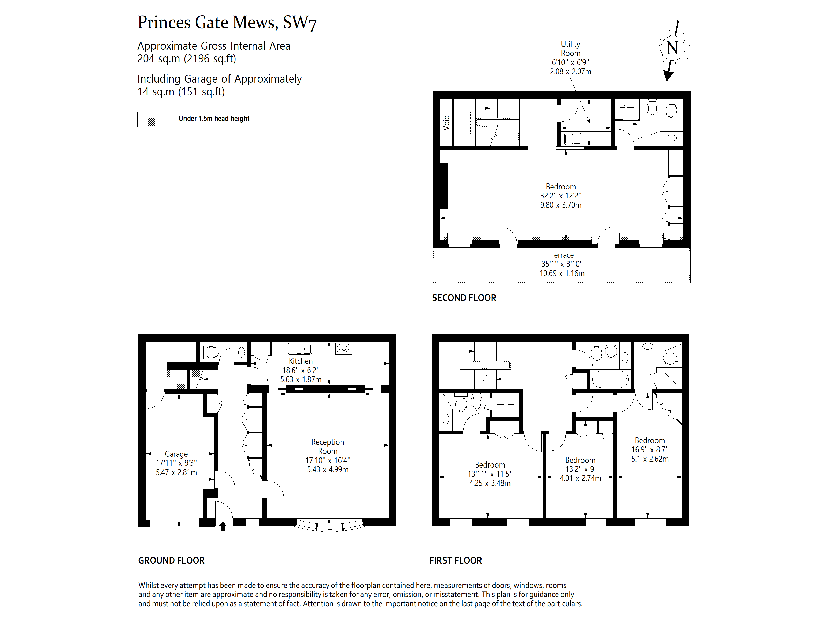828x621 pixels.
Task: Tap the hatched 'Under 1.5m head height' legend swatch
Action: click(154, 119)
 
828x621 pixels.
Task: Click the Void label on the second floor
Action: click(446, 122)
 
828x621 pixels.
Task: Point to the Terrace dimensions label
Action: click(562, 264)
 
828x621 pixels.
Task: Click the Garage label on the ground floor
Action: click(176, 463)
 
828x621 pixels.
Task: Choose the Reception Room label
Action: click(328, 456)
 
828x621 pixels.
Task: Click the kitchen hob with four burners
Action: click(344, 349)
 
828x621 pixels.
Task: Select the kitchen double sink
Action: click(299, 349)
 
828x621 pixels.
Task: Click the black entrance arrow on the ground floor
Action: click(223, 527)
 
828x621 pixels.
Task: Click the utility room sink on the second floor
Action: click(572, 139)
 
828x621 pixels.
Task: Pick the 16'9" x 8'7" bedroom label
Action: click(650, 449)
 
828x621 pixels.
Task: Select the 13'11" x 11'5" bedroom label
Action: click(490, 474)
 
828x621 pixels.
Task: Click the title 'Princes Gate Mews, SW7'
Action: click(227, 23)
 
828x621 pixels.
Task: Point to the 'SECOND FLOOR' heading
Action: click(464, 298)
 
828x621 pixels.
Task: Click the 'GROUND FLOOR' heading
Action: click(172, 560)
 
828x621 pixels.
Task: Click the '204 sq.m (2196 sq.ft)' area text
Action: click(187, 59)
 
